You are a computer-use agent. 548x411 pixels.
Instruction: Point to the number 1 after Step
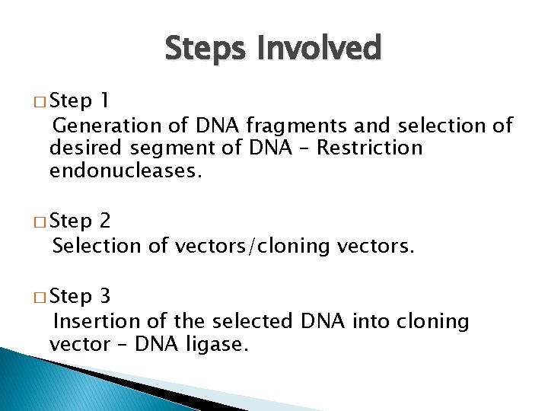[104, 101]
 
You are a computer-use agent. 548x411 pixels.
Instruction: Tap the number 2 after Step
[105, 221]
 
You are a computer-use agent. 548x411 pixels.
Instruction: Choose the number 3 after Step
[105, 297]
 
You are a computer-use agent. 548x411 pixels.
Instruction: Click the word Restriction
[369, 147]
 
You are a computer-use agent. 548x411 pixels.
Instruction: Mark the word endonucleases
[126, 170]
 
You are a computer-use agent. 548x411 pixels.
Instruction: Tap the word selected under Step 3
[255, 321]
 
